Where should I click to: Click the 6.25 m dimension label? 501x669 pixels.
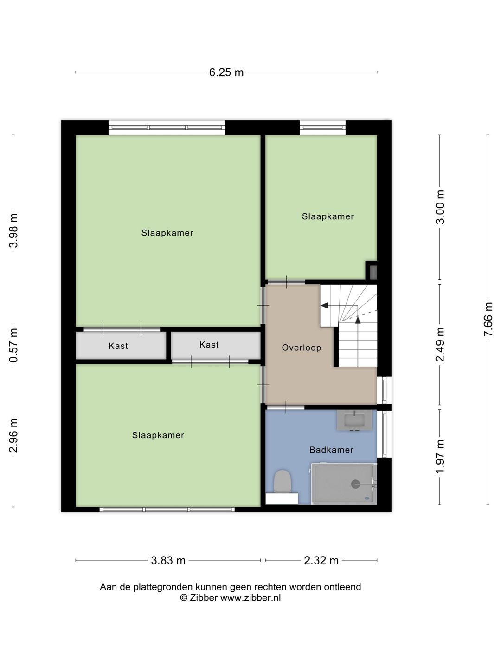pyautogui.click(x=226, y=72)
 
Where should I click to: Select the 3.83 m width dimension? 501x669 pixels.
pyautogui.click(x=168, y=561)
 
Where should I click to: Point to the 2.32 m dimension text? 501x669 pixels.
pyautogui.click(x=321, y=561)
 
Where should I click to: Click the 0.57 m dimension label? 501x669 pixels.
pyautogui.click(x=13, y=345)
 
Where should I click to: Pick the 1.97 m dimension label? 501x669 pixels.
pyautogui.click(x=440, y=457)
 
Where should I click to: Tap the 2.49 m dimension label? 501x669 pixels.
pyautogui.click(x=440, y=344)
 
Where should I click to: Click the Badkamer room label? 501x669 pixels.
pyautogui.click(x=331, y=450)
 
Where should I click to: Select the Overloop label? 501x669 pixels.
pyautogui.click(x=302, y=348)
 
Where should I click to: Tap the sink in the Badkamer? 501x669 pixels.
pyautogui.click(x=354, y=420)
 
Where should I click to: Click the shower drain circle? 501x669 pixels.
pyautogui.click(x=355, y=484)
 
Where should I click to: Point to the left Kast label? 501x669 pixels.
pyautogui.click(x=118, y=346)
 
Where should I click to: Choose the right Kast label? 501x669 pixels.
pyautogui.click(x=209, y=345)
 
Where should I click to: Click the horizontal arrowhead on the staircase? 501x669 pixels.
pyautogui.click(x=324, y=305)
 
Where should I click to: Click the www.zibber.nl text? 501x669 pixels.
pyautogui.click(x=250, y=598)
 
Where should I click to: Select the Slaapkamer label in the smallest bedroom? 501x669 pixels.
pyautogui.click(x=328, y=216)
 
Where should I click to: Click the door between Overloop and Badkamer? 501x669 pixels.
pyautogui.click(x=286, y=407)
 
